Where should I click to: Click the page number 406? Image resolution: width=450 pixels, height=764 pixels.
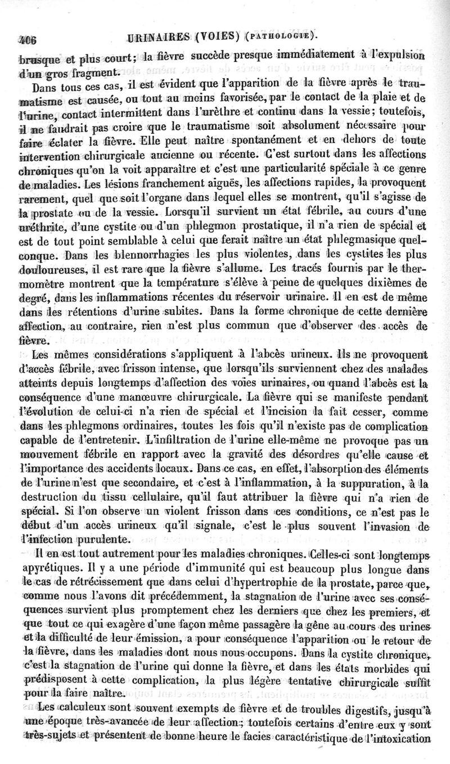tap(26, 40)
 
